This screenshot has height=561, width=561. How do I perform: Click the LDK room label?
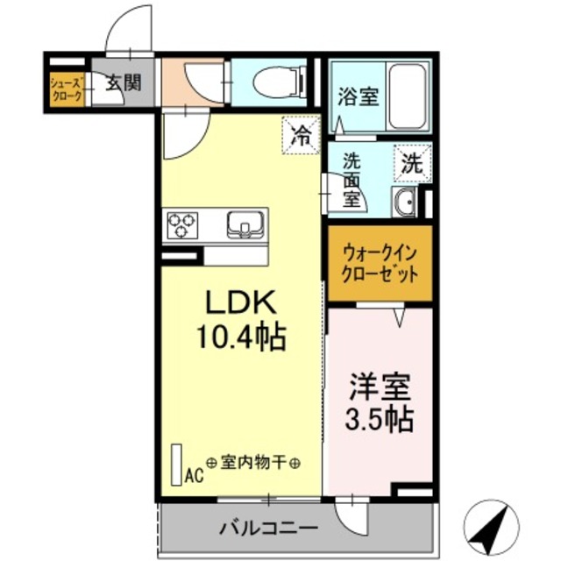[x=241, y=303]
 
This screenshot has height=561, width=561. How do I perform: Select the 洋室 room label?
[x=380, y=385]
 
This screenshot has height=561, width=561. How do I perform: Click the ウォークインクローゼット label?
[x=380, y=262]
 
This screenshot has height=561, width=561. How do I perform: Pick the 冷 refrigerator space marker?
[x=300, y=135]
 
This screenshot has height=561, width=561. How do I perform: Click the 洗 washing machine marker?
[x=412, y=161]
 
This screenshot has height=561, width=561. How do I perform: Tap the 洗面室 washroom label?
[x=352, y=180]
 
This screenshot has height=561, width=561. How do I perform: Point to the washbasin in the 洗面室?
[x=405, y=203]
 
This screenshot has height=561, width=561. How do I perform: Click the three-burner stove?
[x=182, y=224]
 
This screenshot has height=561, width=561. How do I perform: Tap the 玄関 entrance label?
[x=123, y=84]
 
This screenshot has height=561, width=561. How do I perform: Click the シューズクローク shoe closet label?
[x=67, y=89]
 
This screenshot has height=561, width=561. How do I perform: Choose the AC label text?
[x=194, y=476]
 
